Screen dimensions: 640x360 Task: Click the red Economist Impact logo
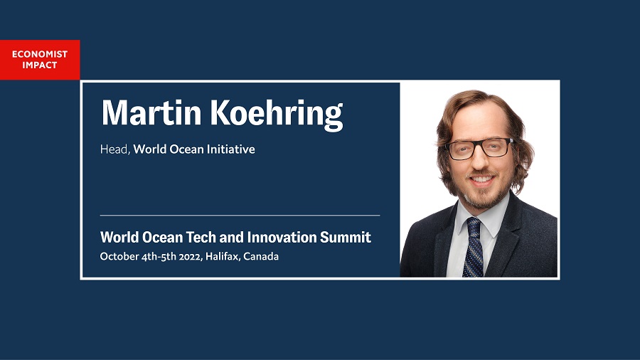(x=40, y=60)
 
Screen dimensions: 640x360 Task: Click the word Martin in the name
(x=151, y=113)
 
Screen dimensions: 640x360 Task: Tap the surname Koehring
(x=277, y=115)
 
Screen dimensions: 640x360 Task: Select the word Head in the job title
(x=115, y=149)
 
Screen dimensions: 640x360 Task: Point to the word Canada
(x=261, y=257)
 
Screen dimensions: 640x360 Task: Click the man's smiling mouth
(x=482, y=180)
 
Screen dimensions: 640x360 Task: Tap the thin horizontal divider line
(x=240, y=215)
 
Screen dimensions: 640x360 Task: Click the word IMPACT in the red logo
(x=40, y=65)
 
